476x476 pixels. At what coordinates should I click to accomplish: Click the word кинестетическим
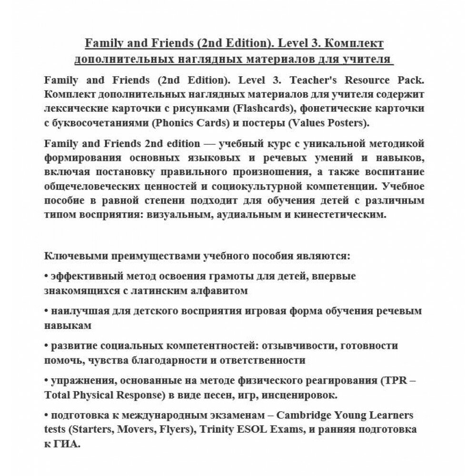pyautogui.click(x=331, y=215)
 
